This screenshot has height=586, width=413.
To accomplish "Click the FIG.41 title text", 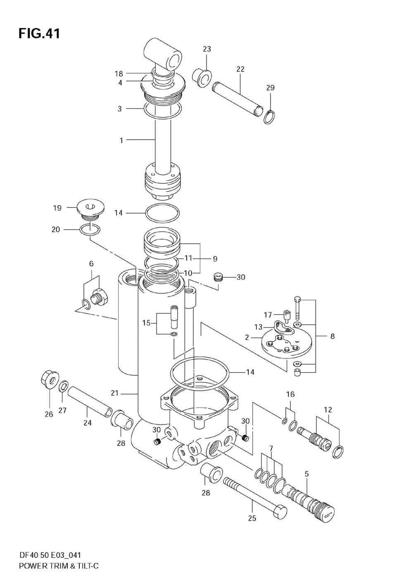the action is point(39,34).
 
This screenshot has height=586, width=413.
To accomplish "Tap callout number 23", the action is point(206,49).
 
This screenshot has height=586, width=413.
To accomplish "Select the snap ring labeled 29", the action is point(269,117).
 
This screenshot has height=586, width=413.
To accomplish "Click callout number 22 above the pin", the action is point(240,69).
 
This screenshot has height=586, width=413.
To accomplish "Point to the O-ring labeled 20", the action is point(90,229).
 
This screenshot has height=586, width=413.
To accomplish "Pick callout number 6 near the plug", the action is point(91,263).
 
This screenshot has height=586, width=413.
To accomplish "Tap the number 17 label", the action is point(268,315).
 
